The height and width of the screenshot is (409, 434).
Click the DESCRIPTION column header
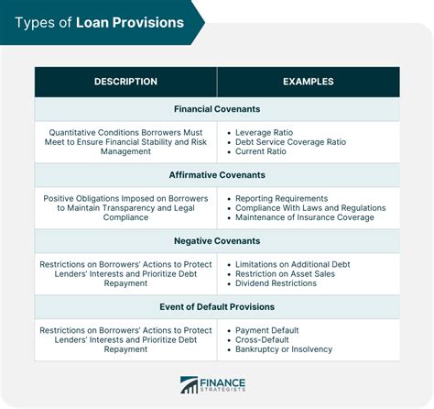(x=125, y=82)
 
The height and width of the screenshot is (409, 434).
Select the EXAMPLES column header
(x=309, y=82)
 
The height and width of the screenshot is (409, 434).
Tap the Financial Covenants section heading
(x=217, y=109)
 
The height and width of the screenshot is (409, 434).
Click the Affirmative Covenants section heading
(x=217, y=175)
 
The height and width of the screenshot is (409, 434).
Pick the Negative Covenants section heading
(x=217, y=241)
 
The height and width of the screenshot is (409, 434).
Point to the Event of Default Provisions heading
(x=217, y=306)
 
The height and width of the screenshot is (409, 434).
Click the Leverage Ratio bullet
(x=264, y=133)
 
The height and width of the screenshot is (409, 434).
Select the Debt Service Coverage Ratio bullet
(x=290, y=142)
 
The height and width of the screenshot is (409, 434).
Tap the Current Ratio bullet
(x=261, y=151)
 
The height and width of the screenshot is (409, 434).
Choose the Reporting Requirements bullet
(x=281, y=199)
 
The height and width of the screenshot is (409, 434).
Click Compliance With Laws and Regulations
(x=310, y=208)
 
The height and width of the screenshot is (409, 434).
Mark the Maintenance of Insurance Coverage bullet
(x=305, y=217)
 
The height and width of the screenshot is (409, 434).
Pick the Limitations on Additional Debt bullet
(x=293, y=264)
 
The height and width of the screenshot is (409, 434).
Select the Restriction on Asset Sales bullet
(x=285, y=274)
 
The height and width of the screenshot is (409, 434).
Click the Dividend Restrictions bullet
(x=276, y=283)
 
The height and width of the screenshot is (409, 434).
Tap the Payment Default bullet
(x=267, y=330)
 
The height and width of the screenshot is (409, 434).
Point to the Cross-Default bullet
(x=262, y=340)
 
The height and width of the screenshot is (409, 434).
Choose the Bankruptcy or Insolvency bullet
(x=284, y=349)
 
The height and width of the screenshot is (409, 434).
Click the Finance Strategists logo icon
(x=189, y=385)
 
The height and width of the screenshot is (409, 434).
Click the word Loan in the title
(x=92, y=23)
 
